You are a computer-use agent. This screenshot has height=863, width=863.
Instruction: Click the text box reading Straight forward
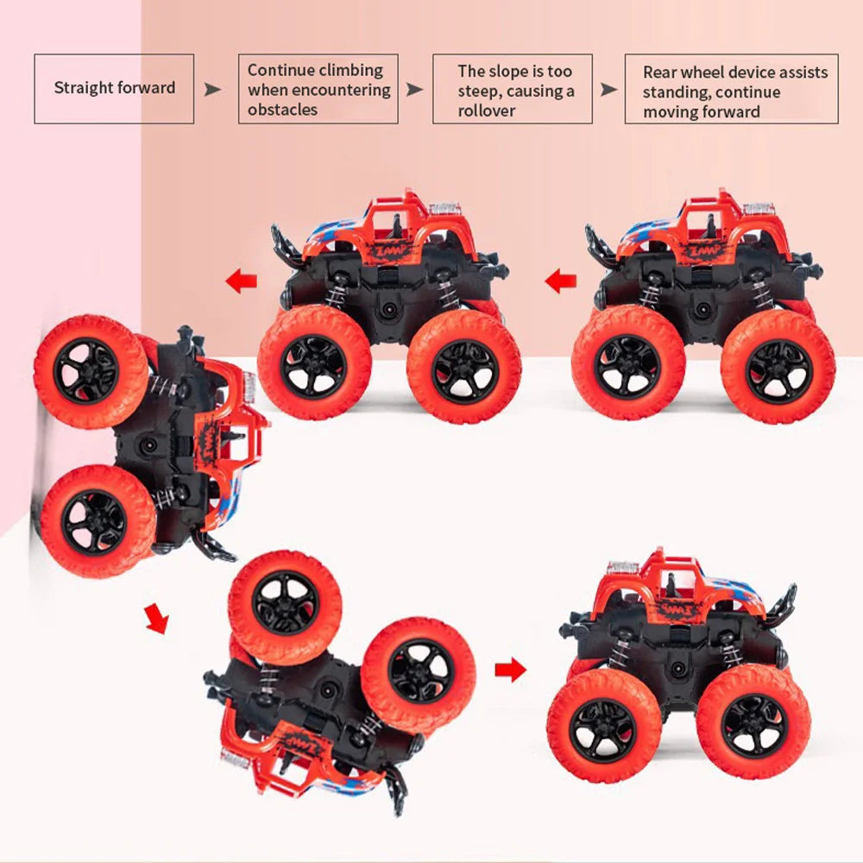coord(114,88)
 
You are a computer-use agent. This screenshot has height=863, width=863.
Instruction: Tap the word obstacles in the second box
coord(282,110)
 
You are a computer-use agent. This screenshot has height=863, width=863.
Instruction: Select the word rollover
coord(487,110)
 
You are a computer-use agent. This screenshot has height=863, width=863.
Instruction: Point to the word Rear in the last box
coord(659,72)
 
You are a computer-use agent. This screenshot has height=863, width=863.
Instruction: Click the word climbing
coord(351,71)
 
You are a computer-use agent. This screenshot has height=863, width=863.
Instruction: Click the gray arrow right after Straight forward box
coord(212,89)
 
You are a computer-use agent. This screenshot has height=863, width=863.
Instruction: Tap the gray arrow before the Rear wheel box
coord(609,89)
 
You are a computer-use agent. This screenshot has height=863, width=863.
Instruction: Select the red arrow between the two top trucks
coord(560,280)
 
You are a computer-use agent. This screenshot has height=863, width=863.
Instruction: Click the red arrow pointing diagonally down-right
coord(156,619)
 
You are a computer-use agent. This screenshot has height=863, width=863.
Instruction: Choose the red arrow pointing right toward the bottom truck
coord(511,669)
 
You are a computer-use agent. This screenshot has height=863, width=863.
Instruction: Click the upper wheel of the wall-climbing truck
coord(90,371)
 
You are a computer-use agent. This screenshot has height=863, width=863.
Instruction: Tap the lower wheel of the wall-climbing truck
coord(97,521)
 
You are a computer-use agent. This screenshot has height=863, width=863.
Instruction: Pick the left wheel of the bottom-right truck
coord(603,722)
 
